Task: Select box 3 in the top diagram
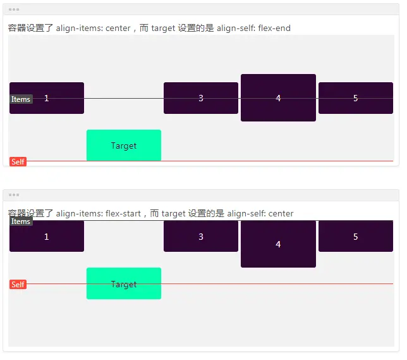coord(201,98)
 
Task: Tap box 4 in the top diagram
coord(278,98)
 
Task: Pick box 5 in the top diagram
coord(355,98)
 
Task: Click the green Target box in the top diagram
coord(124,146)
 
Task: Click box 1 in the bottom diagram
coord(47,237)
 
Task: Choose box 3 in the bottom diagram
coord(201,237)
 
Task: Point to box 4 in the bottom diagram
coord(278,244)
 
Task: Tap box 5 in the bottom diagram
coord(355,237)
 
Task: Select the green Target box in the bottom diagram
coord(124,283)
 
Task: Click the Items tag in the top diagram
coord(21,99)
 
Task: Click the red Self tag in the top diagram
coord(18,162)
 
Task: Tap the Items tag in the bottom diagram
coord(21,221)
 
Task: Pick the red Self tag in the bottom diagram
coord(18,285)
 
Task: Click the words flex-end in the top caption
coord(274,28)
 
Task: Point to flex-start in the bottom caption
coord(123,214)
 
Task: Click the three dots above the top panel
coord(14,9)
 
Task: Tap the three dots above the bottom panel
coord(14,195)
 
